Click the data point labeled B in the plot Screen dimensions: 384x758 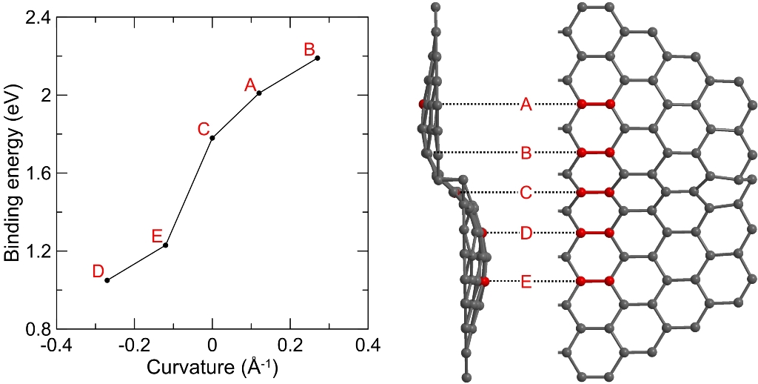coord(317,58)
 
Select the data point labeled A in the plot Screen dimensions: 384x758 coord(259,93)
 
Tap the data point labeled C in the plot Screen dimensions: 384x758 coord(212,137)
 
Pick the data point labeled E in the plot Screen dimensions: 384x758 coord(166,245)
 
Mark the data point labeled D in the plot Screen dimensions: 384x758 coord(107,280)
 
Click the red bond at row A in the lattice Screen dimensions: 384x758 coord(595,105)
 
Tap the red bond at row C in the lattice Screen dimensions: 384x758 coord(595,192)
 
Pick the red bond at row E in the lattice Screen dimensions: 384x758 coord(595,281)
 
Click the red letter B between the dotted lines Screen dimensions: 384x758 coord(526,153)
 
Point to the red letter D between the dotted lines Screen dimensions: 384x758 coord(526,234)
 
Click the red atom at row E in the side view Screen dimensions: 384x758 coord(485,281)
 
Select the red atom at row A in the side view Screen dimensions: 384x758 coord(423,105)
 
